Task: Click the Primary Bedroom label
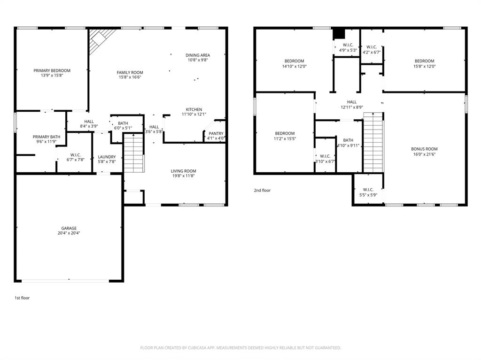52,70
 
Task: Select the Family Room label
130,72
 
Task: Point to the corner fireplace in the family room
100,39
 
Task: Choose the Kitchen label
194,109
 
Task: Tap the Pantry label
216,134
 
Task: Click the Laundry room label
107,157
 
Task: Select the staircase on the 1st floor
134,153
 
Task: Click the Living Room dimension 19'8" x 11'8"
184,176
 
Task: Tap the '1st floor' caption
22,298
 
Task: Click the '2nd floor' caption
262,191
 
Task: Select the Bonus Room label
425,149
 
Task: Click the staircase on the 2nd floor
374,143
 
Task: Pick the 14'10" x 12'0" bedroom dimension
294,66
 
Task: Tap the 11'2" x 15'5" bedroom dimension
285,138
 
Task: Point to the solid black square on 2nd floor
338,34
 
